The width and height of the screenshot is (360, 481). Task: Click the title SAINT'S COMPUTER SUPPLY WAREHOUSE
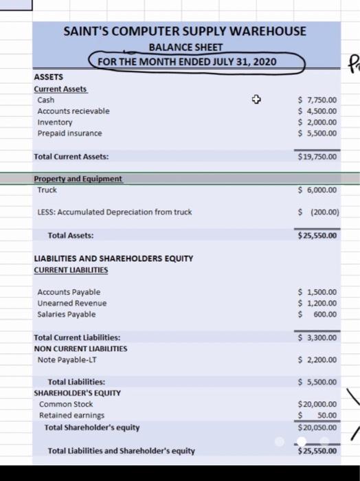click(x=185, y=32)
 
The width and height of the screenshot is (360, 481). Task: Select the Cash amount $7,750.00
click(x=317, y=100)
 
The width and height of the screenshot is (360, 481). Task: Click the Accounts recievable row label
click(x=74, y=111)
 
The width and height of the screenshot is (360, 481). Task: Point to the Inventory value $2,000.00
click(x=317, y=122)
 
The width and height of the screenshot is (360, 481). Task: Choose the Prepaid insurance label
click(x=69, y=133)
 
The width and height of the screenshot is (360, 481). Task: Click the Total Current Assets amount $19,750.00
click(x=317, y=157)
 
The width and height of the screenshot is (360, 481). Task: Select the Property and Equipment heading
click(x=78, y=179)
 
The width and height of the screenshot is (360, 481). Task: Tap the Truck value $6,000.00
click(x=317, y=190)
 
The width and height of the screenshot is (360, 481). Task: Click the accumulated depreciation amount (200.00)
click(x=319, y=212)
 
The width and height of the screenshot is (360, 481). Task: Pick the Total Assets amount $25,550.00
click(x=317, y=235)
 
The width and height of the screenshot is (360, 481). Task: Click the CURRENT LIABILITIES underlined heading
click(x=71, y=270)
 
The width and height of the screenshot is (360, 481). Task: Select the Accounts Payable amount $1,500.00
click(x=317, y=292)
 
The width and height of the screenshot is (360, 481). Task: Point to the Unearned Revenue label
click(x=72, y=303)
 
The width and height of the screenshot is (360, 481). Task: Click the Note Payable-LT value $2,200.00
click(x=317, y=359)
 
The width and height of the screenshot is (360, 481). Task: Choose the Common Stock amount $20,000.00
click(x=317, y=404)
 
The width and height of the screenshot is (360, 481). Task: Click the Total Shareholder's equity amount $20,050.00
click(x=317, y=427)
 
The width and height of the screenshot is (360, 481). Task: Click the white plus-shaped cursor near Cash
click(x=256, y=100)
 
